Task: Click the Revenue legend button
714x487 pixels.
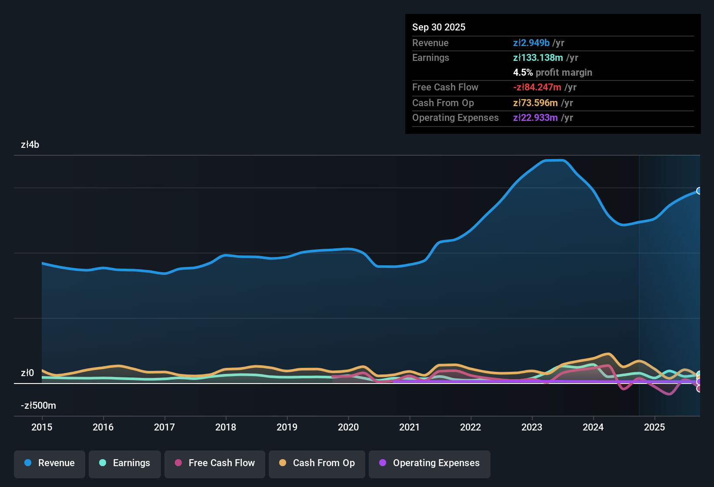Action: tap(50, 463)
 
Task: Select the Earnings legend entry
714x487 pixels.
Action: tap(125, 463)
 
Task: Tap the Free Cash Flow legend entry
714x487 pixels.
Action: tap(215, 463)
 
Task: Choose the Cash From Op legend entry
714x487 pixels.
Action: tap(317, 463)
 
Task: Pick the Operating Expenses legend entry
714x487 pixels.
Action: tap(430, 463)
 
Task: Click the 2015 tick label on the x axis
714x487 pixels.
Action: tap(42, 427)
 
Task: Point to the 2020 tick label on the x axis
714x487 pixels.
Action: tap(348, 427)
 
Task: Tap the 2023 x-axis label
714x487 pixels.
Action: tap(532, 427)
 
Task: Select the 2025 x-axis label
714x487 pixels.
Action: tap(654, 427)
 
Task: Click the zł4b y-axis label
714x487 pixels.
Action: tap(30, 145)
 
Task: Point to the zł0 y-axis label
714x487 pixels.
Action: tap(27, 373)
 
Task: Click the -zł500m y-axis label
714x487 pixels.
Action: tap(38, 406)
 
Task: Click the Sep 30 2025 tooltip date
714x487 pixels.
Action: tap(439, 27)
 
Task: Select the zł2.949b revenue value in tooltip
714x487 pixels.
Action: tap(531, 43)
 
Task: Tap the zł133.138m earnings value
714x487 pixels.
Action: tap(538, 58)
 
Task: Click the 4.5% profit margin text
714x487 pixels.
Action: tap(552, 73)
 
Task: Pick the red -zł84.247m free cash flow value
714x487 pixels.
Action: tap(537, 87)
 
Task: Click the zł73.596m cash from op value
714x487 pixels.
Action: tap(535, 103)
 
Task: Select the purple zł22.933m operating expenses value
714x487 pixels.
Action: tap(535, 118)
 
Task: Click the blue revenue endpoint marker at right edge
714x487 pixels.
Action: tap(699, 191)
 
